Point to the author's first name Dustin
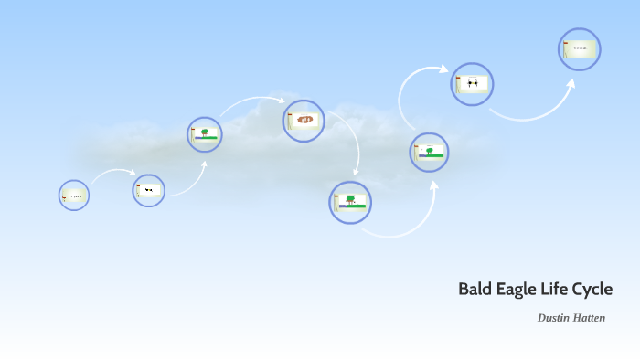pyautogui.click(x=554, y=318)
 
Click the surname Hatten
pyautogui.click(x=589, y=318)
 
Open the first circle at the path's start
pyautogui.click(x=74, y=196)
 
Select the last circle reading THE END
pyautogui.click(x=580, y=49)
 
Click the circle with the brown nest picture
pyautogui.click(x=304, y=121)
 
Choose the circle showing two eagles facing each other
pyautogui.click(x=472, y=84)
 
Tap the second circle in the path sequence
pyautogui.click(x=148, y=190)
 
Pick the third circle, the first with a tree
pyautogui.click(x=205, y=134)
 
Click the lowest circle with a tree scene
pyautogui.click(x=350, y=202)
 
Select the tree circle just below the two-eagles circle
pyautogui.click(x=429, y=153)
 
